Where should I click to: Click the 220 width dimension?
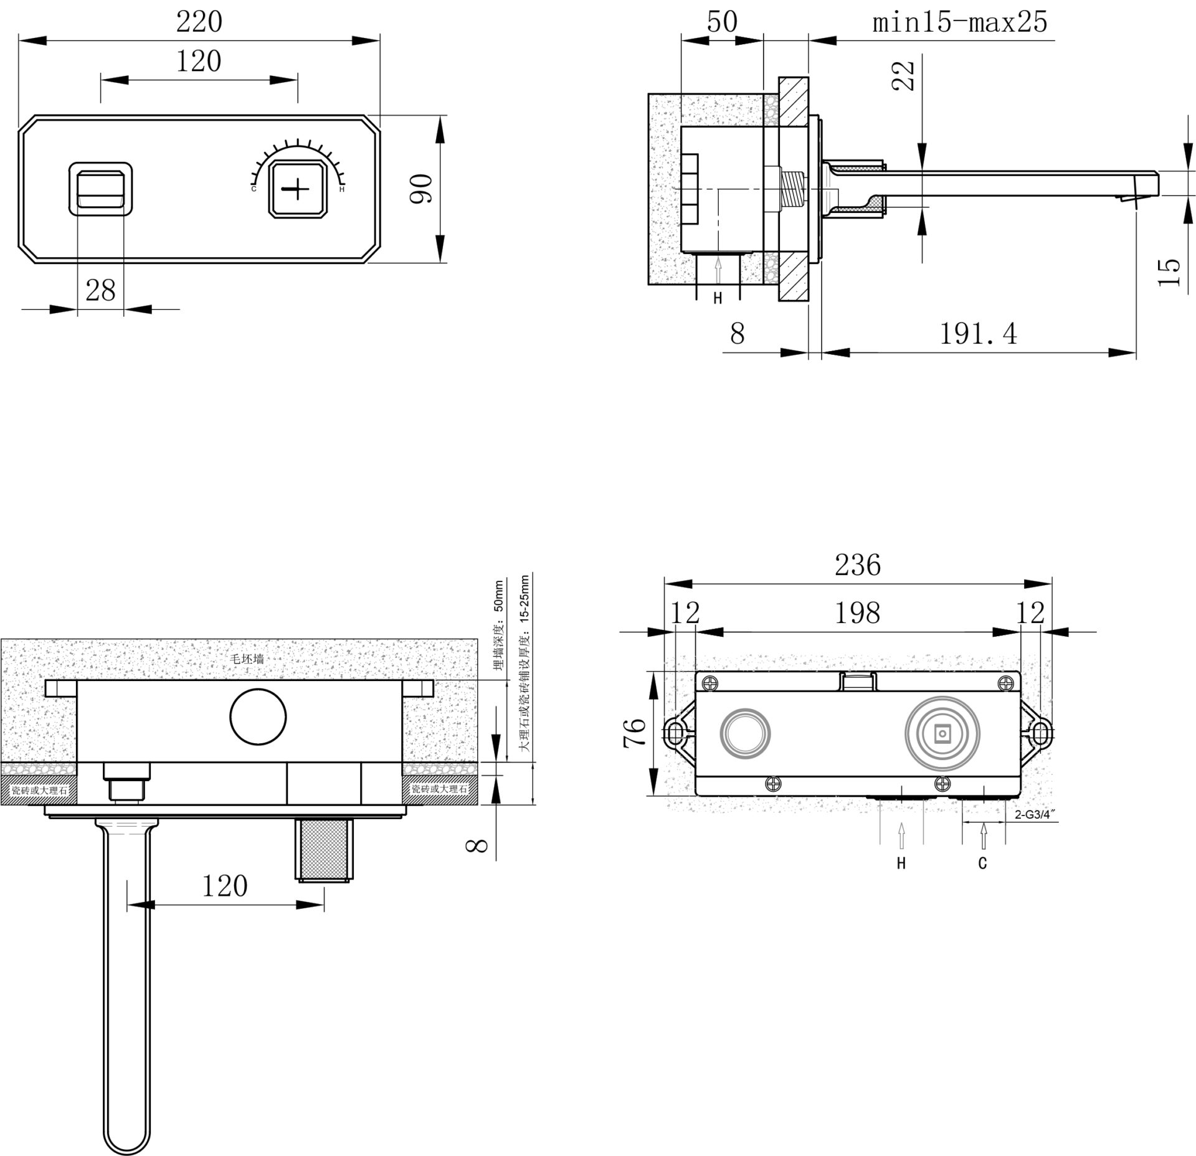[199, 22]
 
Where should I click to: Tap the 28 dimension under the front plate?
[100, 291]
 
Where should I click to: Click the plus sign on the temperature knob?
[298, 188]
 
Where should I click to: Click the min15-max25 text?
[960, 22]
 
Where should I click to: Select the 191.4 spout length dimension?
[978, 334]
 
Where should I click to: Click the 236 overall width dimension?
[858, 565]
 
